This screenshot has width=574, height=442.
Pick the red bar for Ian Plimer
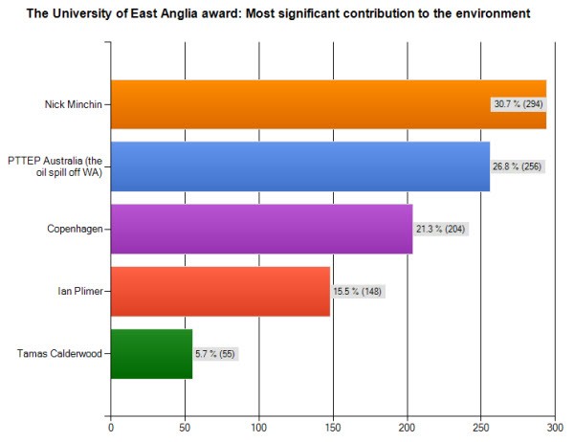coord(220,291)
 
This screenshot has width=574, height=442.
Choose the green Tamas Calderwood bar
coord(151,353)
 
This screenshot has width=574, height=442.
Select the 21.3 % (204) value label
coord(441,230)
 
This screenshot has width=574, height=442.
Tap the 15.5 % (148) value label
coord(358,292)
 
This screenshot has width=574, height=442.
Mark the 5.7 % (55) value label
coord(215,354)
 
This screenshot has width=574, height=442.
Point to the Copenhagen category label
coord(76,230)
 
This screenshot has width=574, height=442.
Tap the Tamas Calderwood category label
coord(59,354)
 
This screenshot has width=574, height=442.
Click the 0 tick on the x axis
coord(111,430)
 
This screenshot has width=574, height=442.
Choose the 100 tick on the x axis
coord(259,430)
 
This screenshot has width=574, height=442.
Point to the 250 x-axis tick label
coord(480,430)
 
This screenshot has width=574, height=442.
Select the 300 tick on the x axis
coord(554,430)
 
